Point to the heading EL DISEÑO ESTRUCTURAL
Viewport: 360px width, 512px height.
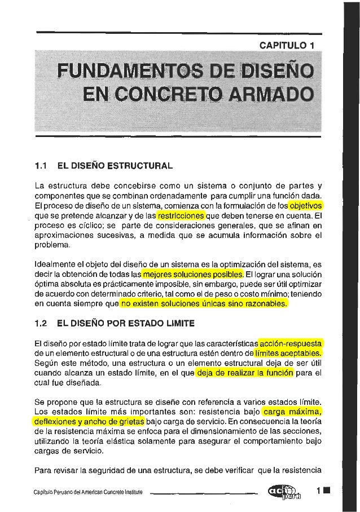point(113,166)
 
